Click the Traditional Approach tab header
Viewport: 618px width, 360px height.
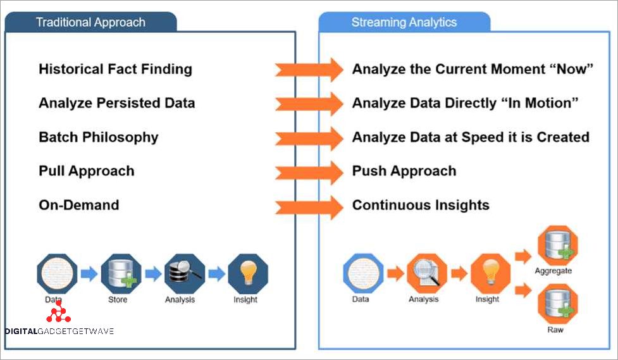click(90, 23)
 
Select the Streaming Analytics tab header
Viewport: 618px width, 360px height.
click(404, 23)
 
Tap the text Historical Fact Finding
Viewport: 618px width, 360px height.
click(115, 69)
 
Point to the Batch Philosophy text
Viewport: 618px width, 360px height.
click(98, 137)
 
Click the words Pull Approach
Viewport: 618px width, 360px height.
click(86, 171)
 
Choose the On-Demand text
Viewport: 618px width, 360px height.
click(78, 205)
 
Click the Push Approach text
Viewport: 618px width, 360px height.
click(404, 171)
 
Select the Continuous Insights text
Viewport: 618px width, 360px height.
click(421, 205)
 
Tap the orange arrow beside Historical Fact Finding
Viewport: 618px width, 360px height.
click(309, 69)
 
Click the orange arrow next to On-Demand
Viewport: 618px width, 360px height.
click(309, 206)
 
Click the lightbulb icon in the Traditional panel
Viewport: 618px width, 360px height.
click(247, 273)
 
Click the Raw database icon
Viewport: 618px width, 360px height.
click(554, 305)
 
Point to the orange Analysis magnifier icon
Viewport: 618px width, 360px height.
click(426, 273)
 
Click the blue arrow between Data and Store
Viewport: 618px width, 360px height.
click(89, 274)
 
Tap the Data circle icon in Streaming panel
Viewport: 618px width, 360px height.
click(362, 273)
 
